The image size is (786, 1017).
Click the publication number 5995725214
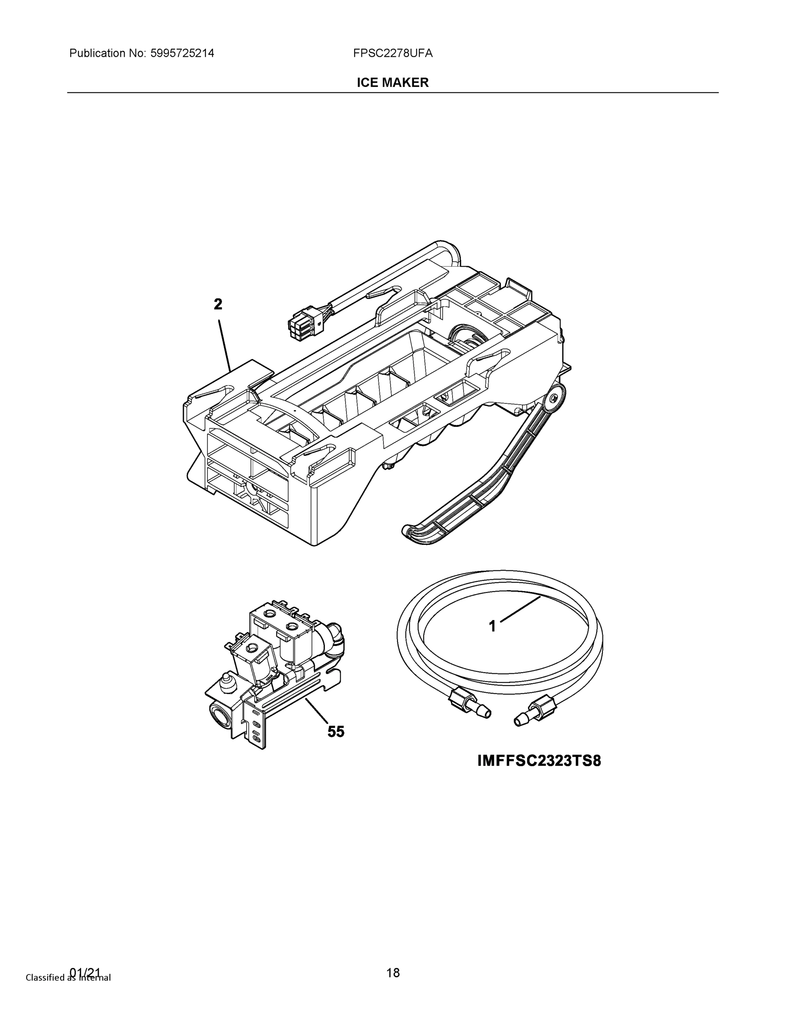click(182, 53)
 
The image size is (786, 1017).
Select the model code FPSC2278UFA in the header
click(392, 53)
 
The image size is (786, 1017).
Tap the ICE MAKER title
click(392, 83)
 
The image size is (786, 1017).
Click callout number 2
click(218, 305)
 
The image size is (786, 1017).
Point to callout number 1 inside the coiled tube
click(492, 626)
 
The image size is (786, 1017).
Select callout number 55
click(336, 731)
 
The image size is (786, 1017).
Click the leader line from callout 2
click(225, 345)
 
